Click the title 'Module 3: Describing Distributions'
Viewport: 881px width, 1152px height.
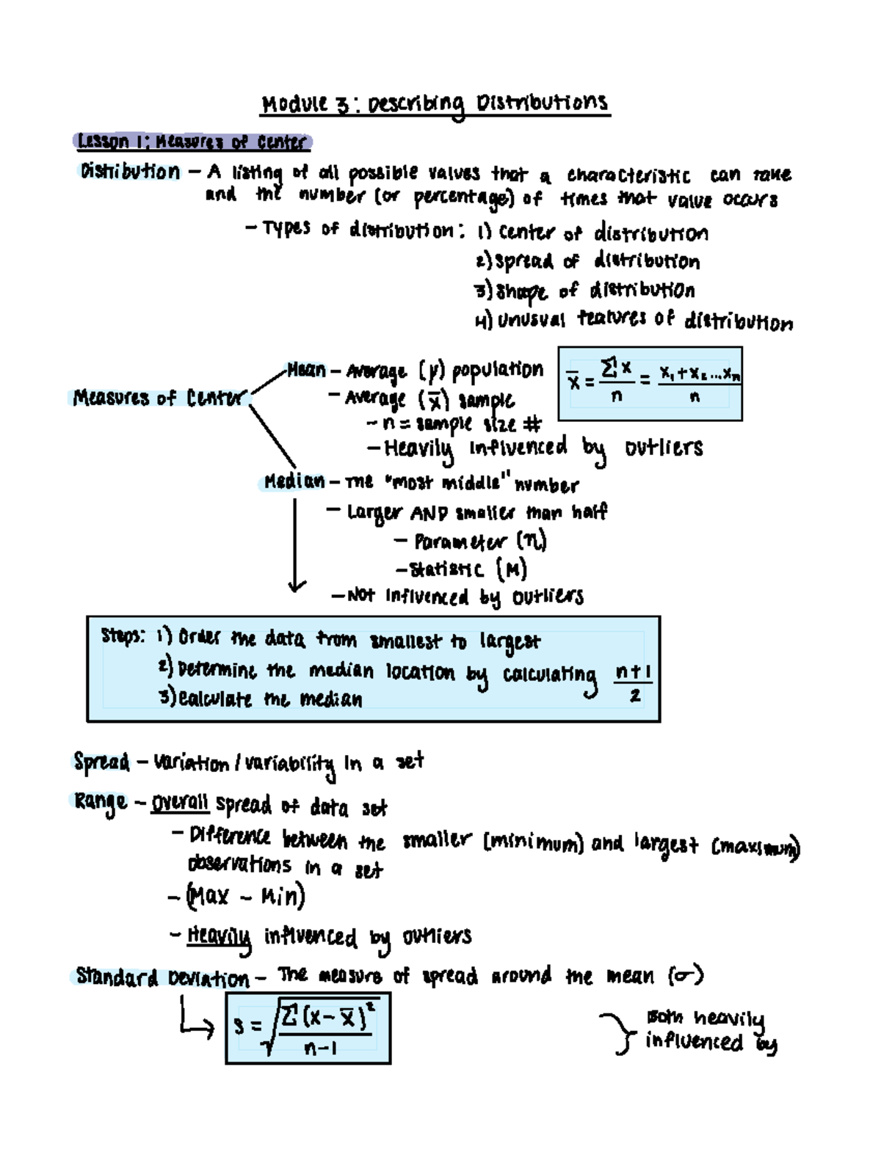coord(435,103)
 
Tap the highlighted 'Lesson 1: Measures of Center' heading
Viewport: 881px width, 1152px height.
coord(192,141)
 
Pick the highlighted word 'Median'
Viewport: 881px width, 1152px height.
coord(294,481)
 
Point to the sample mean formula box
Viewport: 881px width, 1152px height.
coord(650,384)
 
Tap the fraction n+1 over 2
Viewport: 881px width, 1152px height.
coord(633,682)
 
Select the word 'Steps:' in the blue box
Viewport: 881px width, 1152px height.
coord(123,635)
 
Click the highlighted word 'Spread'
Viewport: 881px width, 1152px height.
coord(101,762)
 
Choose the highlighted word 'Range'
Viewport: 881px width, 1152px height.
coord(100,801)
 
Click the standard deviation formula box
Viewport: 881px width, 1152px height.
coord(308,1028)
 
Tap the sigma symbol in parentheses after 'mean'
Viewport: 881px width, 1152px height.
coord(686,976)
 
